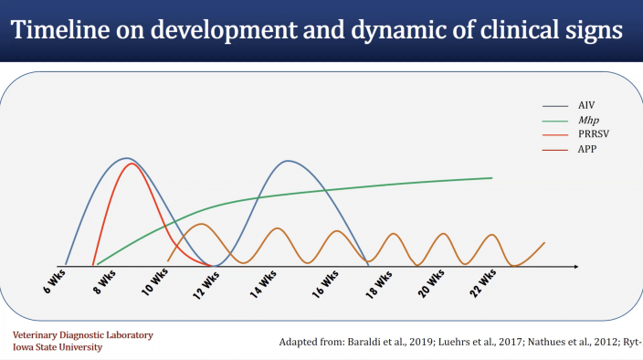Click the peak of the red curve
(132, 163)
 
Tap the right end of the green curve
(492, 178)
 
